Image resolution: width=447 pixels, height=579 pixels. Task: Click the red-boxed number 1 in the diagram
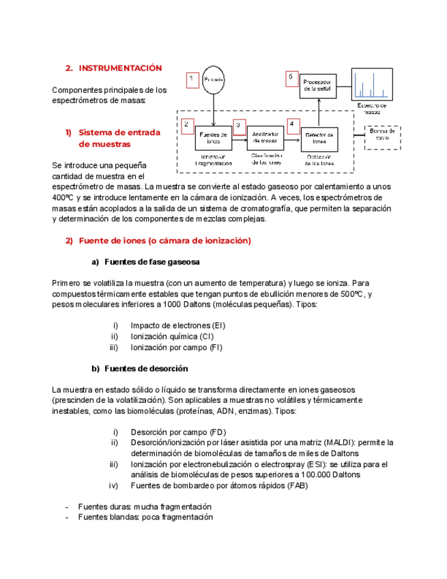pos(192,80)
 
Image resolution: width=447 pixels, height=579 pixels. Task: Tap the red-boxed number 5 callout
pos(291,79)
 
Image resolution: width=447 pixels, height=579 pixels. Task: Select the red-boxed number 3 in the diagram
pos(240,126)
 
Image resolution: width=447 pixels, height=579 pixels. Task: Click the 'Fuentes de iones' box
pos(213,139)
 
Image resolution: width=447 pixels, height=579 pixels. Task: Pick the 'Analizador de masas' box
pos(265,139)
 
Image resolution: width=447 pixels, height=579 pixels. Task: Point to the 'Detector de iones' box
pos(319,139)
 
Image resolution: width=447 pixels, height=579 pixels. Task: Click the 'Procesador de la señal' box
pos(318,85)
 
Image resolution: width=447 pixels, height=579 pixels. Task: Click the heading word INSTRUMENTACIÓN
pos(120,68)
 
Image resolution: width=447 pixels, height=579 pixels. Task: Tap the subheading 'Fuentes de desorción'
pos(146,369)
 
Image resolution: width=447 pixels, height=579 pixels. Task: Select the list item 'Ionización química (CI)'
pos(173,337)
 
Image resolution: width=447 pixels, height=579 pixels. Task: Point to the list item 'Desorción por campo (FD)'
pos(178,432)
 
